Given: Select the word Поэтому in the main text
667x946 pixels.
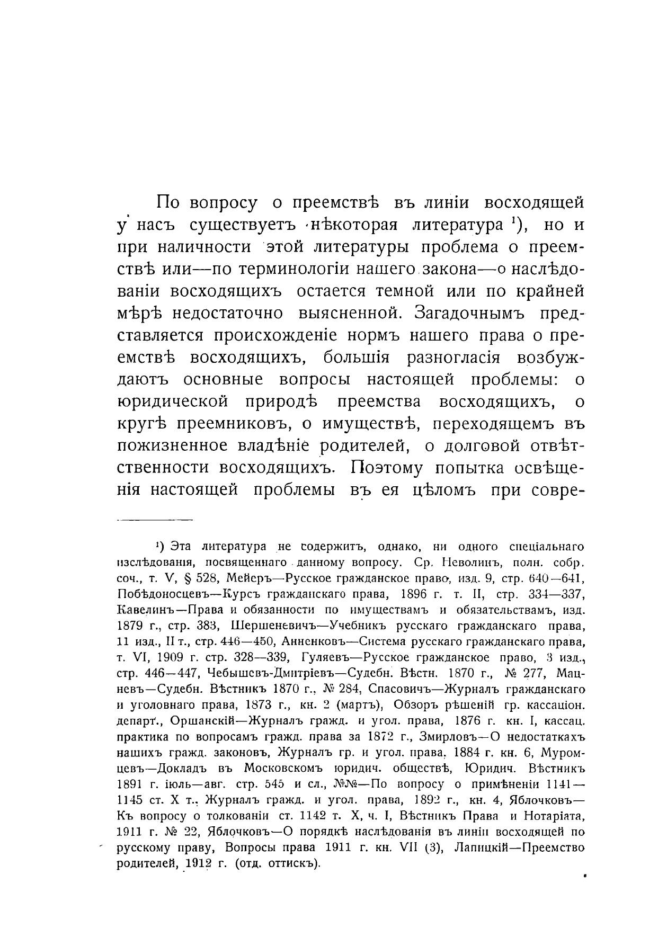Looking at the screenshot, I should (387, 468).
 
